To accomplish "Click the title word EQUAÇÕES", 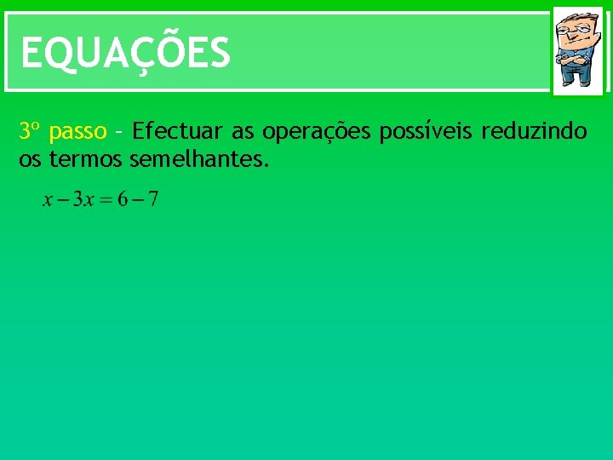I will click(125, 53).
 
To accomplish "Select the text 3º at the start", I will click(30, 132).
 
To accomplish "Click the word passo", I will click(77, 133).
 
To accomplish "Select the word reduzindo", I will click(534, 132).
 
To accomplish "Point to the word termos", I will click(86, 158).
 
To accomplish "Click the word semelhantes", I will click(200, 158).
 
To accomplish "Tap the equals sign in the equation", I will click(106, 201).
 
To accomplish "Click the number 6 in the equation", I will click(123, 200).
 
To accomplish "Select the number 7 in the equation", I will click(152, 200).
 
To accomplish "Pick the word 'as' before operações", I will click(243, 133).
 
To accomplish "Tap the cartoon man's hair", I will click(577, 19).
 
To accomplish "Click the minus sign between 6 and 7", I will click(138, 201).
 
